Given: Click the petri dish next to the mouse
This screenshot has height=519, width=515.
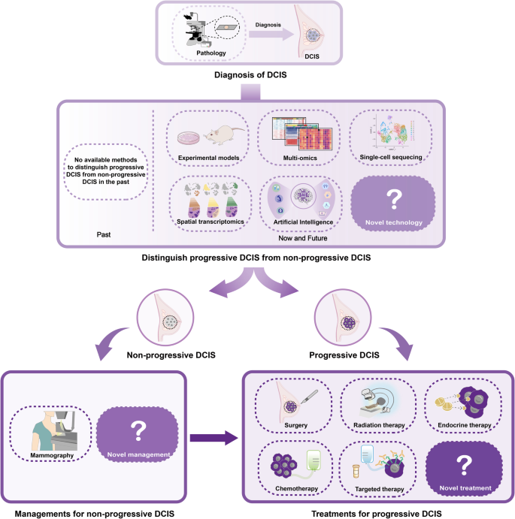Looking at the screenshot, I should point(187,139).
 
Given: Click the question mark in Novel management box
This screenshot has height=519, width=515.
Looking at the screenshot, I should point(138,430).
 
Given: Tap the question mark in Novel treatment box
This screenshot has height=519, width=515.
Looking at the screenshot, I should point(463,463).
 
